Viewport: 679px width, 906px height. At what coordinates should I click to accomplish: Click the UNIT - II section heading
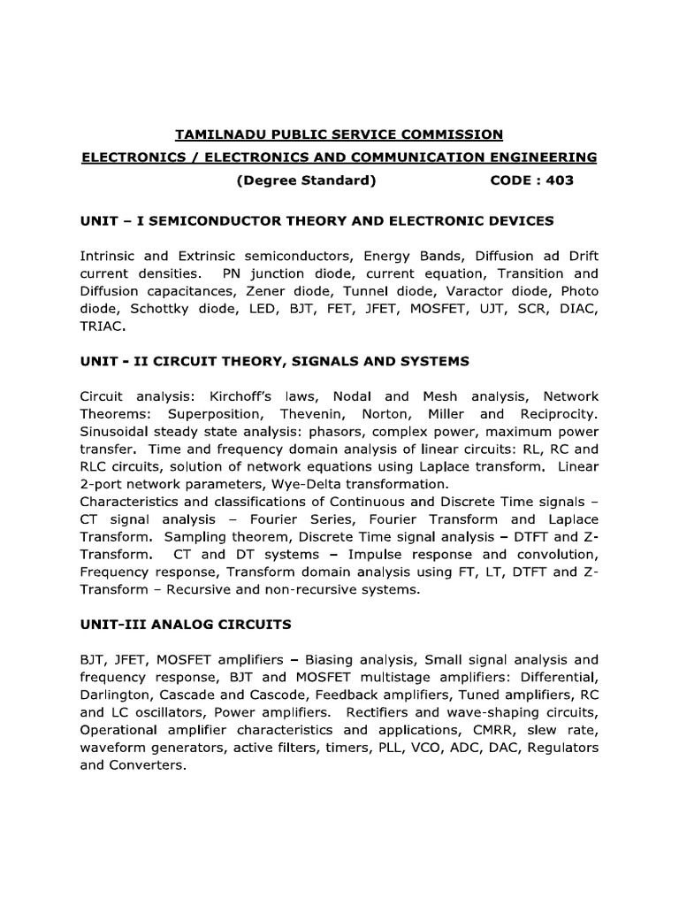tap(274, 361)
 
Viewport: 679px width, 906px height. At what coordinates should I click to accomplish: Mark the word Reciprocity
tap(558, 414)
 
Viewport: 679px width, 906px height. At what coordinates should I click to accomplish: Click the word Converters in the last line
tap(147, 765)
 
